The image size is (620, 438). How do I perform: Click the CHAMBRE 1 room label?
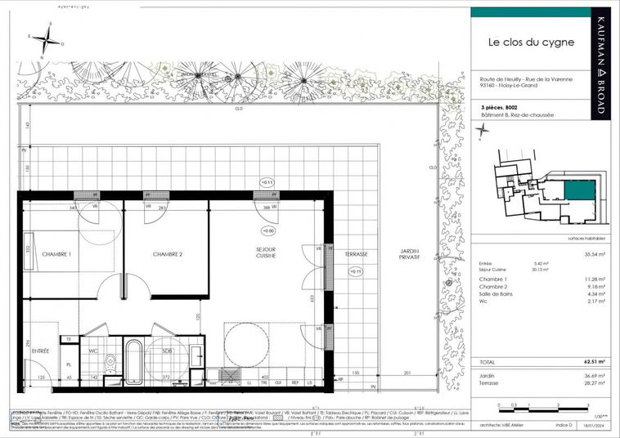[56, 254]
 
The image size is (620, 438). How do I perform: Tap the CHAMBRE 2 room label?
[167, 254]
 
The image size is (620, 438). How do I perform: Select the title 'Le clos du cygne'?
[519, 42]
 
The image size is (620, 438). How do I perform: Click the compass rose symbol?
[49, 36]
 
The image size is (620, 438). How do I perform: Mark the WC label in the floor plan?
[92, 351]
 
